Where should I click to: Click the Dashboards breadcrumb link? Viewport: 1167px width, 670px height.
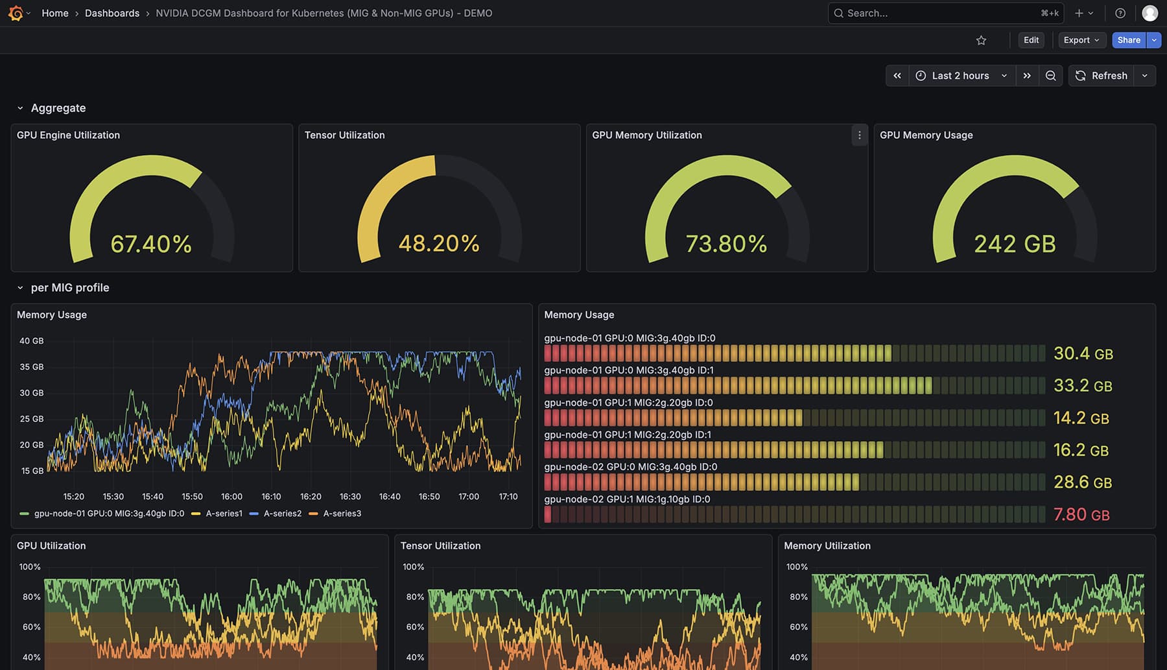(112, 13)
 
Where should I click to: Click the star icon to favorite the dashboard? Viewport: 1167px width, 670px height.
(981, 40)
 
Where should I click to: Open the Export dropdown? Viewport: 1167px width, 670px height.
(1081, 40)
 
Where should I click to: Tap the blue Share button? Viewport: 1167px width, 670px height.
(1128, 40)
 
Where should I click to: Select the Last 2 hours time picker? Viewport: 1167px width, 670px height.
(961, 76)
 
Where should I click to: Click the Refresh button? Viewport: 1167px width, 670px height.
(1102, 76)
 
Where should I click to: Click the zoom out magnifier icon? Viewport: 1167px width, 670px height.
(1050, 76)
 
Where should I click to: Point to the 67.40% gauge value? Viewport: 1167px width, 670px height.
(151, 245)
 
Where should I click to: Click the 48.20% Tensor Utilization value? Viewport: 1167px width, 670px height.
(439, 244)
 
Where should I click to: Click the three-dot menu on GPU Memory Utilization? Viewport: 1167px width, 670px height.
(859, 136)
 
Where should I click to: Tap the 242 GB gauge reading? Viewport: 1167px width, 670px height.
(1015, 245)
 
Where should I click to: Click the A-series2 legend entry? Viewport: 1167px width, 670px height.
(282, 514)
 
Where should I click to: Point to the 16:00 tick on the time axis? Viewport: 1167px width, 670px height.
(231, 497)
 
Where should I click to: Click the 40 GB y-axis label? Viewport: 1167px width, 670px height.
(31, 341)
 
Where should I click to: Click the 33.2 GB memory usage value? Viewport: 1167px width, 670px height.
(1083, 386)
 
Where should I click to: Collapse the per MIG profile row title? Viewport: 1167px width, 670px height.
(69, 288)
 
